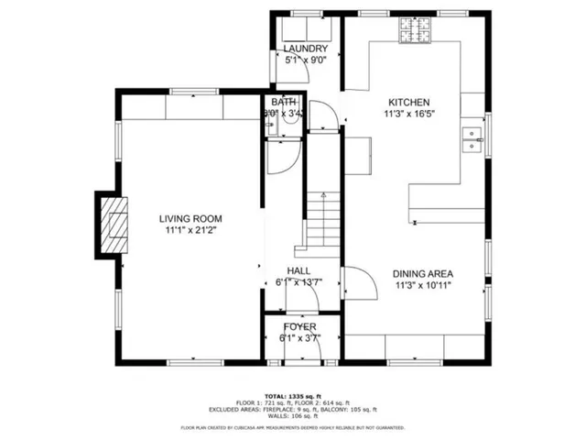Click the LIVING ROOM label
(x=190, y=218)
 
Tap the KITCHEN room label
(x=408, y=103)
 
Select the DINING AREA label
(x=423, y=273)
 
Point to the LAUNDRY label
(x=305, y=49)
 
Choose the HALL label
(x=298, y=271)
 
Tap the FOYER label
(x=298, y=327)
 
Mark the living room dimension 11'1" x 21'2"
(x=190, y=231)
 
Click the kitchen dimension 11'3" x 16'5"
(x=408, y=115)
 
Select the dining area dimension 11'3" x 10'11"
(x=423, y=285)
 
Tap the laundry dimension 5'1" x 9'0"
(x=305, y=60)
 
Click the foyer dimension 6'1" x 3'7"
(x=298, y=338)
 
